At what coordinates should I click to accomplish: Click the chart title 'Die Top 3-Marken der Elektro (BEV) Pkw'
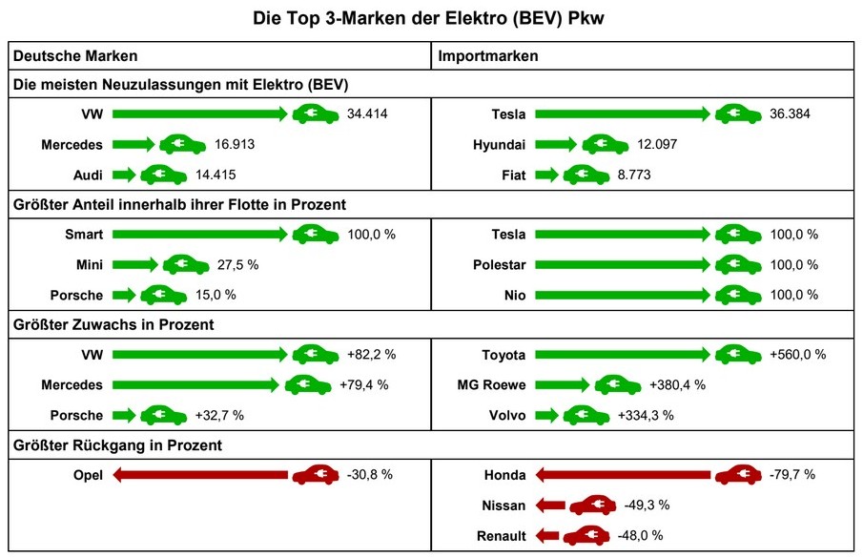[431, 17]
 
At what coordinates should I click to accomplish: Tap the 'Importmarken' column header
[487, 56]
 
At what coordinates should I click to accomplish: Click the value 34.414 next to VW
[368, 114]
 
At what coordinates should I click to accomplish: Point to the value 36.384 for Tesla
[791, 114]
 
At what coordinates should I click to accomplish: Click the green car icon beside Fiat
[586, 175]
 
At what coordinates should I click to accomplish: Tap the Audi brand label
[89, 175]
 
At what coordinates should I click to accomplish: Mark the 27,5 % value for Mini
[237, 264]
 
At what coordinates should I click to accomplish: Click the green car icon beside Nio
[739, 295]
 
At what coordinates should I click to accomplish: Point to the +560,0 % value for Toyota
[797, 355]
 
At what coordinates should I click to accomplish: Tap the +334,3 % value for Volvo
[646, 415]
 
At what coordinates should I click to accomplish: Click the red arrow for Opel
[200, 474]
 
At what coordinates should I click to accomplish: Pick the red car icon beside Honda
[739, 474]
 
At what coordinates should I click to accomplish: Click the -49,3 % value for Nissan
[644, 505]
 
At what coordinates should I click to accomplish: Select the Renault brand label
[502, 535]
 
